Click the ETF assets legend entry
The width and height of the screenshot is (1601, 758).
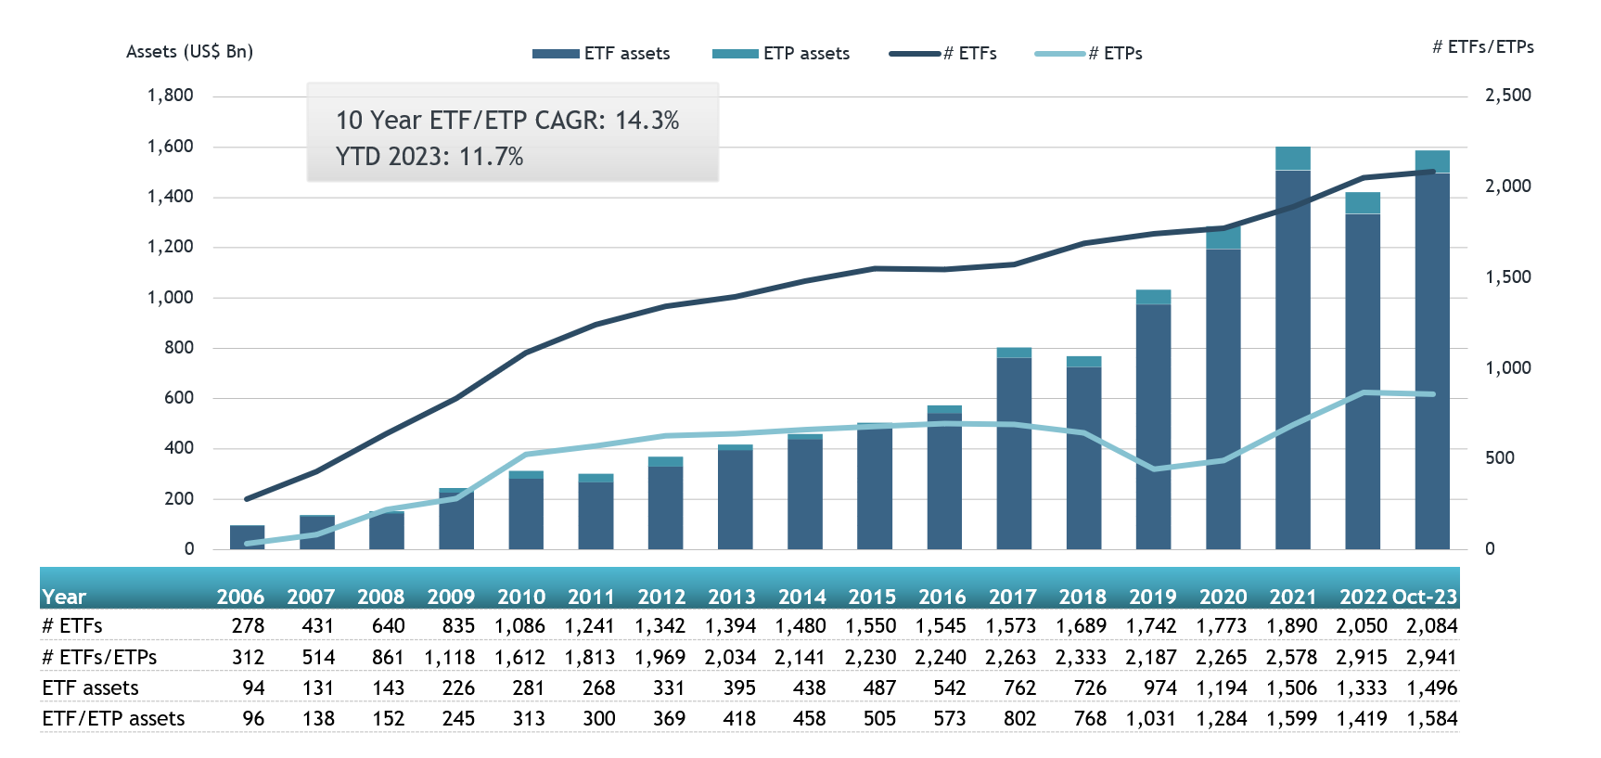coord(601,54)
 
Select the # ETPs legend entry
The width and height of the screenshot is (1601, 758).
coord(1089,54)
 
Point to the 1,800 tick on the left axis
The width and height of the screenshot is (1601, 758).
coord(171,96)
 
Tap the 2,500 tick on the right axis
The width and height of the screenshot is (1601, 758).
coord(1507,96)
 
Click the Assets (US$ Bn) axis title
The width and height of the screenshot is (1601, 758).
coord(189,52)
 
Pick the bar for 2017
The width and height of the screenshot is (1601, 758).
coord(1014,455)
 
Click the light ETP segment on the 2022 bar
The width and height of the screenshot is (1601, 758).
coord(1363,203)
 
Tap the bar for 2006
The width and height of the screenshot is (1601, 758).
coord(247,537)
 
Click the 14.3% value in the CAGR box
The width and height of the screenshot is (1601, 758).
coord(647,121)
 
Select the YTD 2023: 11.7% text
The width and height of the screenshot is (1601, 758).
coord(429,157)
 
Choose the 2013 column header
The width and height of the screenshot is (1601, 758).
coord(732,597)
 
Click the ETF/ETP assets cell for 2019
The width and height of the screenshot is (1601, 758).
coord(1150,719)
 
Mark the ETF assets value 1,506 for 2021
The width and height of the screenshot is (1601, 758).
coord(1291,688)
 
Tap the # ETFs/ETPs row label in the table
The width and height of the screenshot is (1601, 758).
coord(99,658)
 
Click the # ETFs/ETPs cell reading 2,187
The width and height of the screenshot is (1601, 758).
coord(1150,658)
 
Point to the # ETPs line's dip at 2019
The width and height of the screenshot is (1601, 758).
coord(1154,469)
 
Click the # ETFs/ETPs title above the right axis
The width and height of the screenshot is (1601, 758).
coord(1482,47)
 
